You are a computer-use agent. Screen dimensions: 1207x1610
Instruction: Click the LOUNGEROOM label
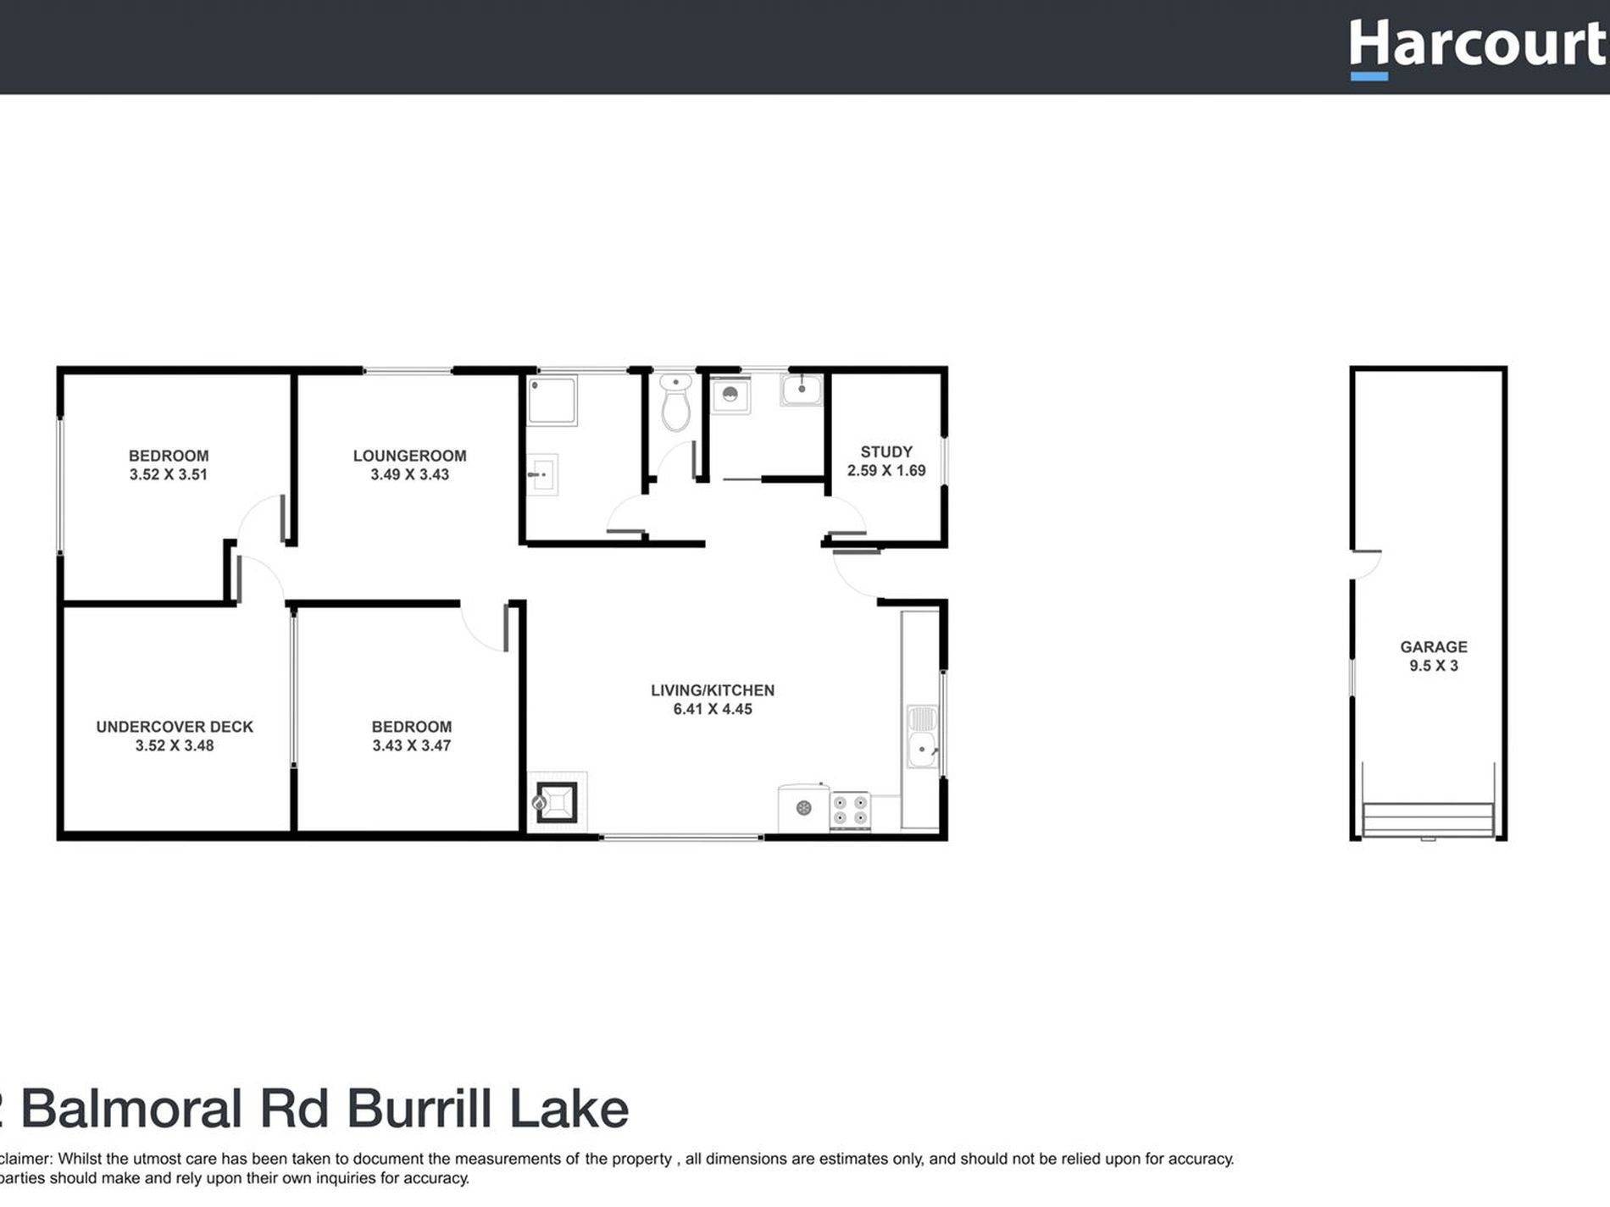click(x=409, y=456)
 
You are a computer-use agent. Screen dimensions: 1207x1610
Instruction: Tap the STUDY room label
click(x=886, y=451)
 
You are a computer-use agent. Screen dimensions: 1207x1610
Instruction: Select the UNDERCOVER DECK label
click(x=175, y=727)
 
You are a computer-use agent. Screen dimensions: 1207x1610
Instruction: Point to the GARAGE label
click(x=1433, y=646)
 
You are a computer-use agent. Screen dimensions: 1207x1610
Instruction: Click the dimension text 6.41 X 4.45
click(x=712, y=709)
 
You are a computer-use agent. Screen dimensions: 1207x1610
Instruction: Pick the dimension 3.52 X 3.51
click(x=168, y=474)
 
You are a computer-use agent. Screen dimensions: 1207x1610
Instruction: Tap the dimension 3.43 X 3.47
click(x=411, y=745)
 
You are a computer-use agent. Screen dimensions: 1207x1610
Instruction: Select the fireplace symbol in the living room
click(x=557, y=801)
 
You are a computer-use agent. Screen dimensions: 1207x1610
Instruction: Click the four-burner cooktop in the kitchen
click(x=850, y=810)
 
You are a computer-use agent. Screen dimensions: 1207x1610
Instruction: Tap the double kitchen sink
click(x=922, y=736)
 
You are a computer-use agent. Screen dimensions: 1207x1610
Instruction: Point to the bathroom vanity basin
click(x=542, y=475)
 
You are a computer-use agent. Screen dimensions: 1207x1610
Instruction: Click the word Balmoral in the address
click(x=131, y=1109)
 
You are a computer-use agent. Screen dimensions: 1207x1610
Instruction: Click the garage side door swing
click(x=1365, y=563)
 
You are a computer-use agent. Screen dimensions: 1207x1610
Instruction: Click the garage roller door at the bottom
click(x=1428, y=820)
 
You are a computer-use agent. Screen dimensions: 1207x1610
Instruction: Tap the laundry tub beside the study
click(x=801, y=390)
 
